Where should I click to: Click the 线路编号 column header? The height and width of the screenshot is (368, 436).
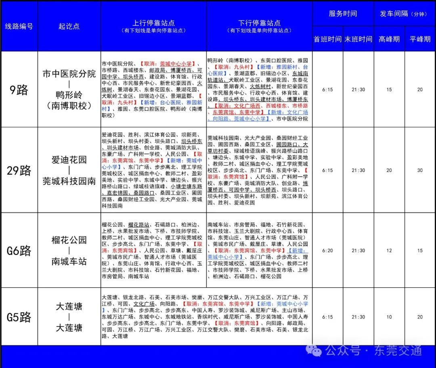tap(19, 26)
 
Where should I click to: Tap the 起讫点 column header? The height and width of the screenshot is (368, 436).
tap(69, 26)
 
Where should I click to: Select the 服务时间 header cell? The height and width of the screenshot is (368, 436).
tap(343, 14)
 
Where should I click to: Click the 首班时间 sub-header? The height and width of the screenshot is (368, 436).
tap(327, 39)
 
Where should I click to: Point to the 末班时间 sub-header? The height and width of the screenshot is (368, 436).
tap(358, 39)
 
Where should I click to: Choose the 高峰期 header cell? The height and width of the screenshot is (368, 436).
tap(389, 39)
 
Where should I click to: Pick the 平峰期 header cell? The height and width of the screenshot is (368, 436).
tap(420, 39)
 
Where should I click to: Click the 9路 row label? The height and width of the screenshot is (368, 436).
tap(19, 90)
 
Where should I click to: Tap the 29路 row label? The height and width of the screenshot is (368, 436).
tap(19, 170)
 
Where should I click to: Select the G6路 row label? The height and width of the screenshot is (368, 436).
tap(19, 251)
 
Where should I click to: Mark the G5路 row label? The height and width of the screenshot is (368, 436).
tap(19, 317)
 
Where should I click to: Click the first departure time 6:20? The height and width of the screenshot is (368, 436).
tap(328, 251)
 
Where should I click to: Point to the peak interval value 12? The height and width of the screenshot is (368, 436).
tap(389, 251)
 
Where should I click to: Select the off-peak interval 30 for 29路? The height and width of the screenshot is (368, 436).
tap(420, 170)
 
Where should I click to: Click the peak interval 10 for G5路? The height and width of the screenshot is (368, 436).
tap(389, 317)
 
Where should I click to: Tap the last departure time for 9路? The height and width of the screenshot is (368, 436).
tap(358, 90)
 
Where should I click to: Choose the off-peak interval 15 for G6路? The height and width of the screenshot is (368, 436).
tap(420, 251)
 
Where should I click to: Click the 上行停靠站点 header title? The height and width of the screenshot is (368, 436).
tap(153, 23)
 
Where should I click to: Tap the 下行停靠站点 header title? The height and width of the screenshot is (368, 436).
tap(259, 23)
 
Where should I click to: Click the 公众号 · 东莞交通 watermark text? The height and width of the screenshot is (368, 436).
tap(373, 350)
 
